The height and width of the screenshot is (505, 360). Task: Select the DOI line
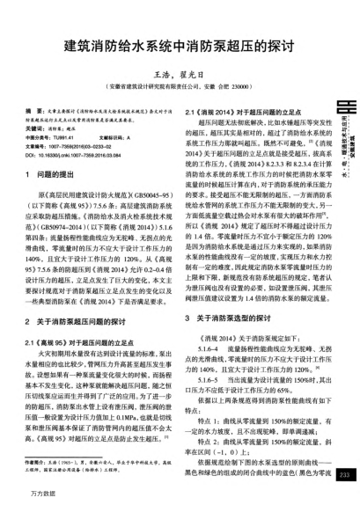(x=76, y=155)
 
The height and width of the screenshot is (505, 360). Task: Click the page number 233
(x=344, y=476)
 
